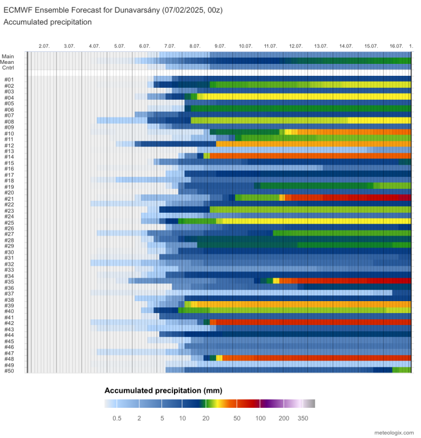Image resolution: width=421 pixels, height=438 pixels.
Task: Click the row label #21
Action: [9, 198]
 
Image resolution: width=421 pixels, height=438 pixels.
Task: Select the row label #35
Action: [9, 282]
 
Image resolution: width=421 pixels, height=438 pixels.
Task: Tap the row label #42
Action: [9, 323]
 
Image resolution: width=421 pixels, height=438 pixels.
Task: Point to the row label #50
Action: [9, 371]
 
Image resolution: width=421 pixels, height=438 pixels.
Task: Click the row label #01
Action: [9, 79]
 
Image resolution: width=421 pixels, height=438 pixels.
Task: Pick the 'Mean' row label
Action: [8, 62]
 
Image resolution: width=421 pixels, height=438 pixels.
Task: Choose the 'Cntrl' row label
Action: [8, 67]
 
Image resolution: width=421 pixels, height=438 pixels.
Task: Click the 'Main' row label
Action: [8, 56]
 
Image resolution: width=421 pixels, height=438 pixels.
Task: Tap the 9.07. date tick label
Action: [220, 46]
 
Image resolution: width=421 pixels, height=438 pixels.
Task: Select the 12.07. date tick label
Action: [295, 46]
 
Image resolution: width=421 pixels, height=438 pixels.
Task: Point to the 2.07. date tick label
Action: [44, 46]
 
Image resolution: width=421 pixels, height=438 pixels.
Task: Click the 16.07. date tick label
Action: [396, 46]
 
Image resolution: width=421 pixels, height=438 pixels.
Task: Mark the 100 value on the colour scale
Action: [261, 417]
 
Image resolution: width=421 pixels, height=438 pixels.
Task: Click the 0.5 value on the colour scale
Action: [116, 417]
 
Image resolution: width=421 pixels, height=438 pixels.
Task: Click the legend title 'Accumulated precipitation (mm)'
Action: [163, 391]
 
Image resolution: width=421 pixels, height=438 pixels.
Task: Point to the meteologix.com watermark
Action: [392, 433]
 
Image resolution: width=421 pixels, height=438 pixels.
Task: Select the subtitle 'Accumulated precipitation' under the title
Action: [47, 22]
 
